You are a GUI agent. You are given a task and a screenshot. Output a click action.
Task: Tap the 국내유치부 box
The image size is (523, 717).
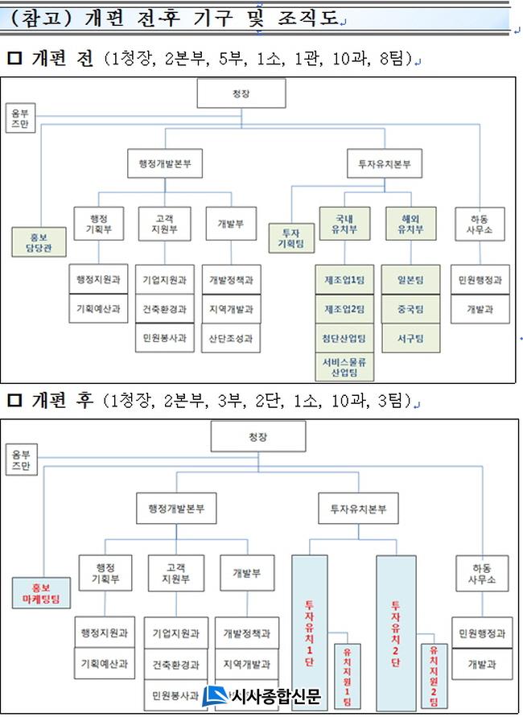click(344, 222)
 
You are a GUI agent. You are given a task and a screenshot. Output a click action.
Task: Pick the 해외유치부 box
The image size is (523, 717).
click(410, 222)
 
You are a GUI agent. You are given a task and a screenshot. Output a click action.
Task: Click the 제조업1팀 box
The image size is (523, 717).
click(344, 279)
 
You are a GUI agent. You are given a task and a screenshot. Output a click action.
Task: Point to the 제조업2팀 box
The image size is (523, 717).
click(344, 308)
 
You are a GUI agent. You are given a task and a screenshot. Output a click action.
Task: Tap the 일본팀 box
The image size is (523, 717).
click(410, 279)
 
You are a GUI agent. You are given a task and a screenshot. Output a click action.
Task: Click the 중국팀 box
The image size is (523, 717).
click(410, 308)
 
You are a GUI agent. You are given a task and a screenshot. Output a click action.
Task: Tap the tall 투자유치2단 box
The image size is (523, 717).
click(396, 632)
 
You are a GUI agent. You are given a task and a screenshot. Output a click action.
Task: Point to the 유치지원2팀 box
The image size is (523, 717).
click(433, 674)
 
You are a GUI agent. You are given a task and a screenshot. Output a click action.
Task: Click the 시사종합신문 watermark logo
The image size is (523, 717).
click(261, 696)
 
